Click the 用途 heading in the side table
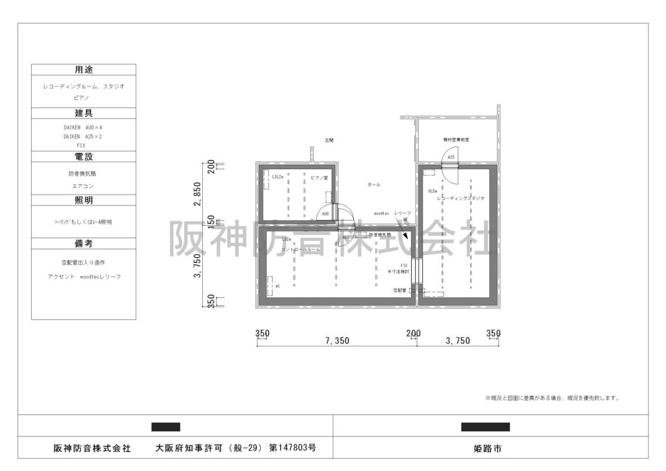(x=83, y=70)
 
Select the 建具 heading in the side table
(x=83, y=113)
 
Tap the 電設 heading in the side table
(x=83, y=157)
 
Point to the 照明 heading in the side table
(x=83, y=200)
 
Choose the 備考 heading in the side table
(x=83, y=243)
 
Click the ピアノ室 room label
(x=318, y=177)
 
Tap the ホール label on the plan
(x=374, y=185)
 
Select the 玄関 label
(x=329, y=140)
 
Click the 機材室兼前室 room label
(x=452, y=139)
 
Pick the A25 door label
(x=451, y=157)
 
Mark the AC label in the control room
(x=278, y=286)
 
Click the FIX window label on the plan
(x=404, y=265)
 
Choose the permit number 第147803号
(x=292, y=448)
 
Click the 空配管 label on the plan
(x=399, y=290)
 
